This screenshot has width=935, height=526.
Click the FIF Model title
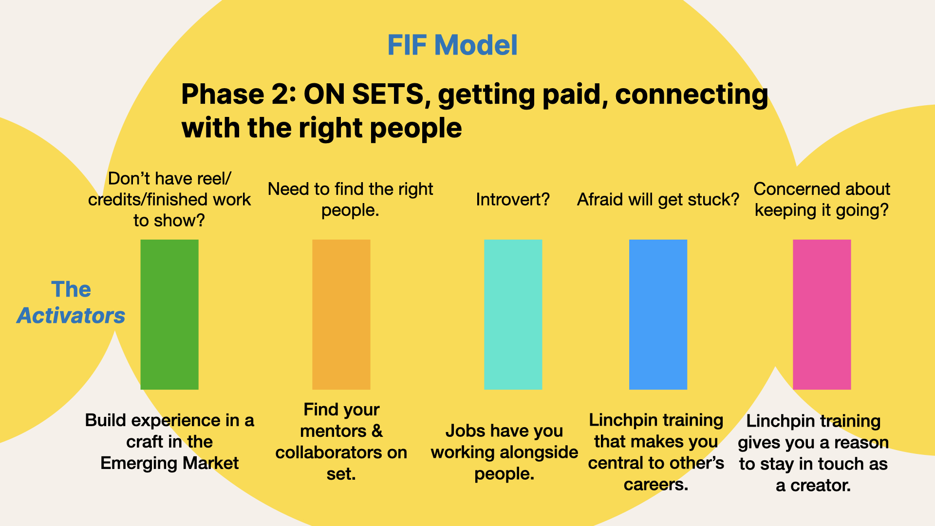452,45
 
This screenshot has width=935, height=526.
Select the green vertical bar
169,314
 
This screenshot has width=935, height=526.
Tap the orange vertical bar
341,314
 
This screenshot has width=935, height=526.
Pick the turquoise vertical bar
513,314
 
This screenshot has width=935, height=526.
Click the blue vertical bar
658,314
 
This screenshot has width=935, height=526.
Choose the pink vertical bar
822,314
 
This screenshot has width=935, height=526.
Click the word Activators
71,316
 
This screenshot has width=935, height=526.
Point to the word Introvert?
513,199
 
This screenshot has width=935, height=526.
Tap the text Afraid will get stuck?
658,200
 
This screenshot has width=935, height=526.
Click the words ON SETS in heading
364,94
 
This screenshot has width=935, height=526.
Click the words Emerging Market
169,463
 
